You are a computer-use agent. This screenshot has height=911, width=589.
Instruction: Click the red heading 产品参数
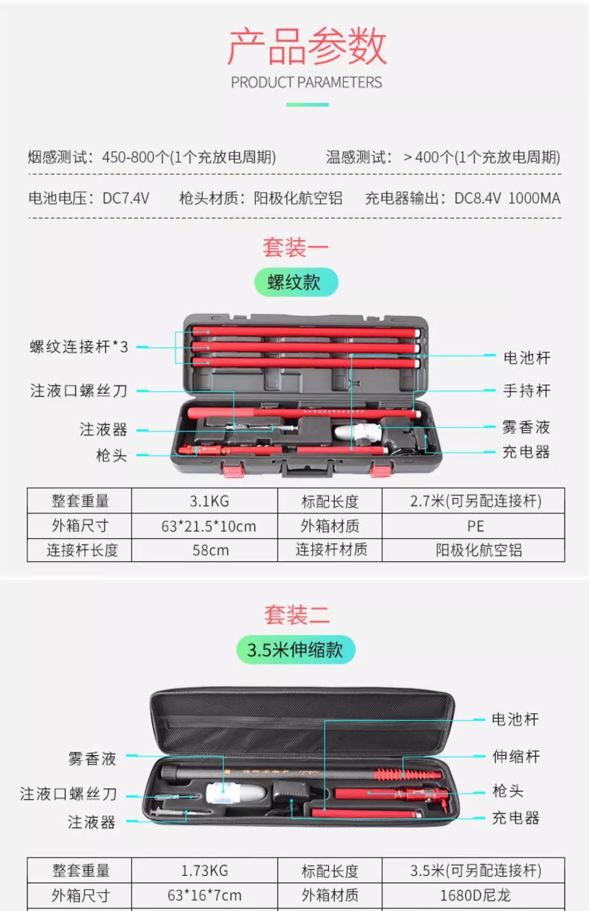(x=307, y=46)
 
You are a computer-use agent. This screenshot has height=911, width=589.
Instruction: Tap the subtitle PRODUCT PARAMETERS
(x=306, y=82)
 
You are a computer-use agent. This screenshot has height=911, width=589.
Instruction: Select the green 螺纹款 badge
(x=296, y=282)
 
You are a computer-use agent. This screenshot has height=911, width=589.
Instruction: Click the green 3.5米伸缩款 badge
(x=295, y=650)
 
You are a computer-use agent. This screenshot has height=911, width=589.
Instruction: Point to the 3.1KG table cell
(x=209, y=501)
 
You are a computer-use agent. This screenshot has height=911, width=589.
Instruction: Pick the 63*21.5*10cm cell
(x=209, y=526)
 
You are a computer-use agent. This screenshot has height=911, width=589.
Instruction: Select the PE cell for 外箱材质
(x=475, y=526)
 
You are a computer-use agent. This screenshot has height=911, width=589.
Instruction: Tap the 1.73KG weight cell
(x=205, y=871)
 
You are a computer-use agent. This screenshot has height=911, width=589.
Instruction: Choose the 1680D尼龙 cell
(x=475, y=895)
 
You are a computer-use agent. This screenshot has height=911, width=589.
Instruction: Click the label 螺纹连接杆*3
(x=79, y=347)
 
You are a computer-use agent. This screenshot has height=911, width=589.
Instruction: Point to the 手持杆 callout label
(x=527, y=391)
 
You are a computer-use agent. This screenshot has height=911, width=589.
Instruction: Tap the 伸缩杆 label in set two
(x=516, y=756)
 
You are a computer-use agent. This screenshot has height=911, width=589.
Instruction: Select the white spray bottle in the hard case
(x=357, y=432)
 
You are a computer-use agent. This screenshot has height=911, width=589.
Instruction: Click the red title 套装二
(x=296, y=615)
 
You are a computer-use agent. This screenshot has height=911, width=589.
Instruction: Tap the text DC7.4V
(x=126, y=199)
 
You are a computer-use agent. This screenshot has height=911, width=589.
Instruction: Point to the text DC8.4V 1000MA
(x=507, y=199)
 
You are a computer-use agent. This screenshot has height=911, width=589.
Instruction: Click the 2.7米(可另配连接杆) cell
(x=476, y=501)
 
